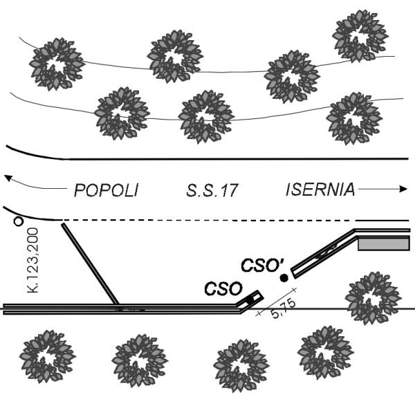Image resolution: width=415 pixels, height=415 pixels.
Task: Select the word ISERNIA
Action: [x=320, y=190]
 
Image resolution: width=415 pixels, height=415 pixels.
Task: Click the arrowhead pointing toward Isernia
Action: [x=404, y=188]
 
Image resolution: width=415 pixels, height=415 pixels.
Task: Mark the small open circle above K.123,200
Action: [x=19, y=221]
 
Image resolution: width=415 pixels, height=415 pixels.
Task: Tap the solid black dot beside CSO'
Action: [x=283, y=278]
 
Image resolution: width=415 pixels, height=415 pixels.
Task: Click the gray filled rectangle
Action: [x=384, y=243]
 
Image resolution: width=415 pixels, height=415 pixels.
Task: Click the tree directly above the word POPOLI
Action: [x=122, y=113]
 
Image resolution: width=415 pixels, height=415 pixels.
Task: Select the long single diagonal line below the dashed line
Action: [x=90, y=262]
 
